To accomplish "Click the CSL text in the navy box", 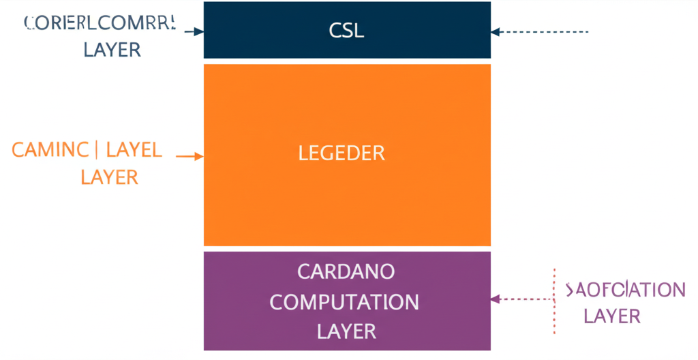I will pos(346,31).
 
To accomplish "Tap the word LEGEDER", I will pos(342,153).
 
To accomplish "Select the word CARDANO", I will pos(346,271).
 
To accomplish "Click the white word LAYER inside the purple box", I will pos(346,331).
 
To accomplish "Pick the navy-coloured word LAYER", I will pos(112,50).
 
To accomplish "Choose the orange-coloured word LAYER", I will pos(109,177).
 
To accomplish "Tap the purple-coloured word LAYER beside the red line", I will pos(612,316).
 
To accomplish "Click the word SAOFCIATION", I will pos(625,290).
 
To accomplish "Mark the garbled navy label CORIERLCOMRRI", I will pos(100,23).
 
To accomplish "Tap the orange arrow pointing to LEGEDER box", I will pos(189,156).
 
